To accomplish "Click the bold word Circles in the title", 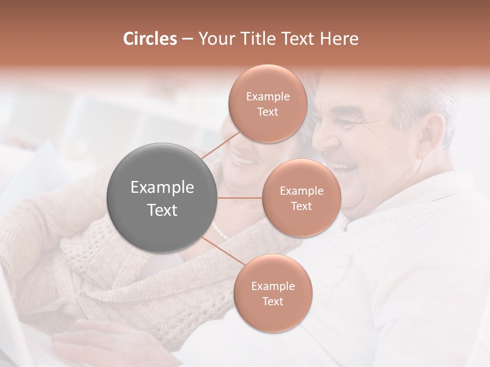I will click(x=150, y=39).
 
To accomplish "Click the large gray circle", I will click(x=162, y=198).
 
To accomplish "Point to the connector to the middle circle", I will click(x=240, y=198).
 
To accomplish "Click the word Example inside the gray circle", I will click(x=162, y=188).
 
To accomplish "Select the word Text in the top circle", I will click(x=267, y=112).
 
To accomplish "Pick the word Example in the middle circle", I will click(x=301, y=191).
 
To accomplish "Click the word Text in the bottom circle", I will click(x=273, y=302).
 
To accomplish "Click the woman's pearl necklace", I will click(x=219, y=231).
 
